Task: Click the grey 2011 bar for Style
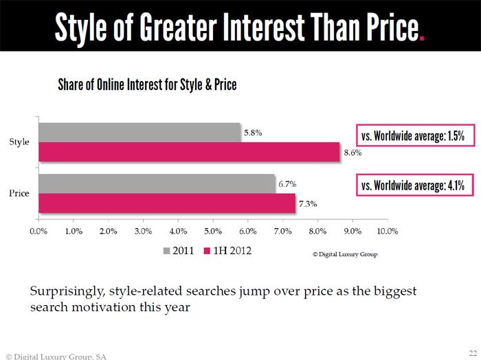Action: (140, 132)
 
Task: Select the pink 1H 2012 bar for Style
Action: (189, 152)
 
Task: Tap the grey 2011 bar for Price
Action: (157, 183)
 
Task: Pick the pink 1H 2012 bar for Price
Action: (167, 203)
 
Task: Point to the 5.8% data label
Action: (252, 133)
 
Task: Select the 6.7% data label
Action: (287, 184)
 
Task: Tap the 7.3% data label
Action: (308, 204)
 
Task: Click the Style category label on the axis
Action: (19, 142)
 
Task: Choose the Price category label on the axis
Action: (19, 193)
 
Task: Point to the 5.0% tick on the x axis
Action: (213, 232)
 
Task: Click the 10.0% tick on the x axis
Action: (388, 232)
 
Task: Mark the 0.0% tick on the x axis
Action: (38, 232)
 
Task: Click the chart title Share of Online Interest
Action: (147, 85)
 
